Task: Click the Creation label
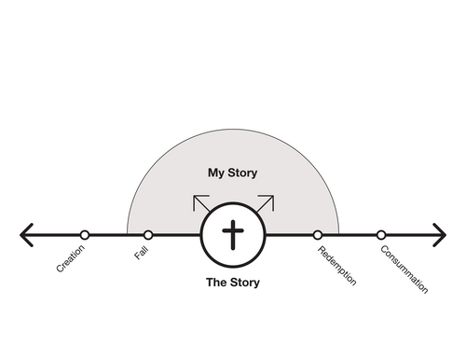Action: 71,258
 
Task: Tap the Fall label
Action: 142,253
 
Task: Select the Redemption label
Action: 336,266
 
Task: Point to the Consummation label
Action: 404,270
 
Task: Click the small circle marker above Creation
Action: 85,235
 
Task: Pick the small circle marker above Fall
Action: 148,235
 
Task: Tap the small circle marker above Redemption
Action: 317,235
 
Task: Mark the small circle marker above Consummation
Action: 381,235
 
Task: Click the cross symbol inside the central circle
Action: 233,235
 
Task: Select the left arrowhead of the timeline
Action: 25,235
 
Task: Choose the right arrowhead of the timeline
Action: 440,235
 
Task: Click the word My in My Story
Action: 216,173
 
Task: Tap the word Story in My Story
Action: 242,173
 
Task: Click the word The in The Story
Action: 217,283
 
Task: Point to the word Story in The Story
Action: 245,283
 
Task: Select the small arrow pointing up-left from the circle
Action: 201,203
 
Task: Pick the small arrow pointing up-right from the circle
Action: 266,203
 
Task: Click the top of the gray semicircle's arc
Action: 233,129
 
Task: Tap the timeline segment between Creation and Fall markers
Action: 116,235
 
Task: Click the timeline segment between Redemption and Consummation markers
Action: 349,235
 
